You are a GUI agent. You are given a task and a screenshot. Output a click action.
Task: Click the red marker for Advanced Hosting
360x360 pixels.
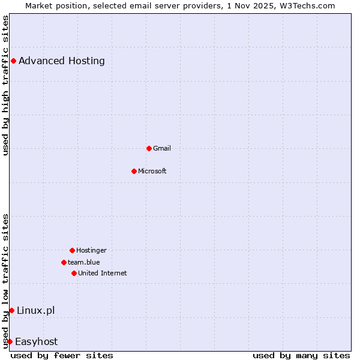point(13,61)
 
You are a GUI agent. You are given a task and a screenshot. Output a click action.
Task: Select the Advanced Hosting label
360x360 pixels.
point(62,61)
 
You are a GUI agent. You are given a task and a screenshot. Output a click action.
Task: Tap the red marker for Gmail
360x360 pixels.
point(149,148)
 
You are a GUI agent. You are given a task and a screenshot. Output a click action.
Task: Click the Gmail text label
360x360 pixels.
point(162,148)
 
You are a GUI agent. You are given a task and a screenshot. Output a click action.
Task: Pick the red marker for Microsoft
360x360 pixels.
point(134,171)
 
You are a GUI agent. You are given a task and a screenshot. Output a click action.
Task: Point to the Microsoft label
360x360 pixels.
point(152,171)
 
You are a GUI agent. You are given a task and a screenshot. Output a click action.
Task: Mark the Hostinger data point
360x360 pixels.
point(72,250)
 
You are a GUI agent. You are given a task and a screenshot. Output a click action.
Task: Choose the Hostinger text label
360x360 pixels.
point(91,250)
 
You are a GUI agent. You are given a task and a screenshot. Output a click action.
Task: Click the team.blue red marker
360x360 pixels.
point(64,262)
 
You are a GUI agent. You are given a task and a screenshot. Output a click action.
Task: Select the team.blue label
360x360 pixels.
point(84,262)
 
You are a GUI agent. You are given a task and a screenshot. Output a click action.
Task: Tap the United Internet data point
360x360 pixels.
point(74,273)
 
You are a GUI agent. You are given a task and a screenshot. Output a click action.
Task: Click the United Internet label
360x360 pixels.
point(103,273)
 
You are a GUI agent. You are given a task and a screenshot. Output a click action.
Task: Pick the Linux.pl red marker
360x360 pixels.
point(11,310)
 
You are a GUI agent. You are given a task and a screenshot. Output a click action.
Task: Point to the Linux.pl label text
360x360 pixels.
point(36,310)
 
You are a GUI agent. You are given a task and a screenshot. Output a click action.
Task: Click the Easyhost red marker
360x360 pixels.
point(10,341)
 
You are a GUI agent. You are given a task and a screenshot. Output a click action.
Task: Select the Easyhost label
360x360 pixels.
point(37,341)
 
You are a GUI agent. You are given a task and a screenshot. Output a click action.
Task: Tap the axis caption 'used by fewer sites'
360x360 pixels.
point(62,355)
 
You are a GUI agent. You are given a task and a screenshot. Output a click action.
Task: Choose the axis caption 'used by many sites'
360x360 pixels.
point(301,355)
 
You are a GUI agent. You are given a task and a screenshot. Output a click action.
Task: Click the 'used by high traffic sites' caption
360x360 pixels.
point(5,85)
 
